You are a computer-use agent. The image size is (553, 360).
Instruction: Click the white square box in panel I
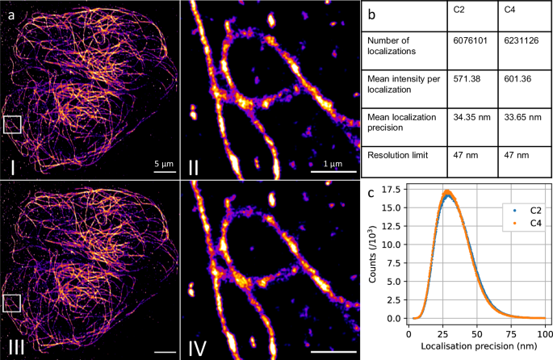(x=12, y=123)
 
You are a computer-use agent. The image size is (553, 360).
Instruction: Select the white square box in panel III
(x=12, y=303)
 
